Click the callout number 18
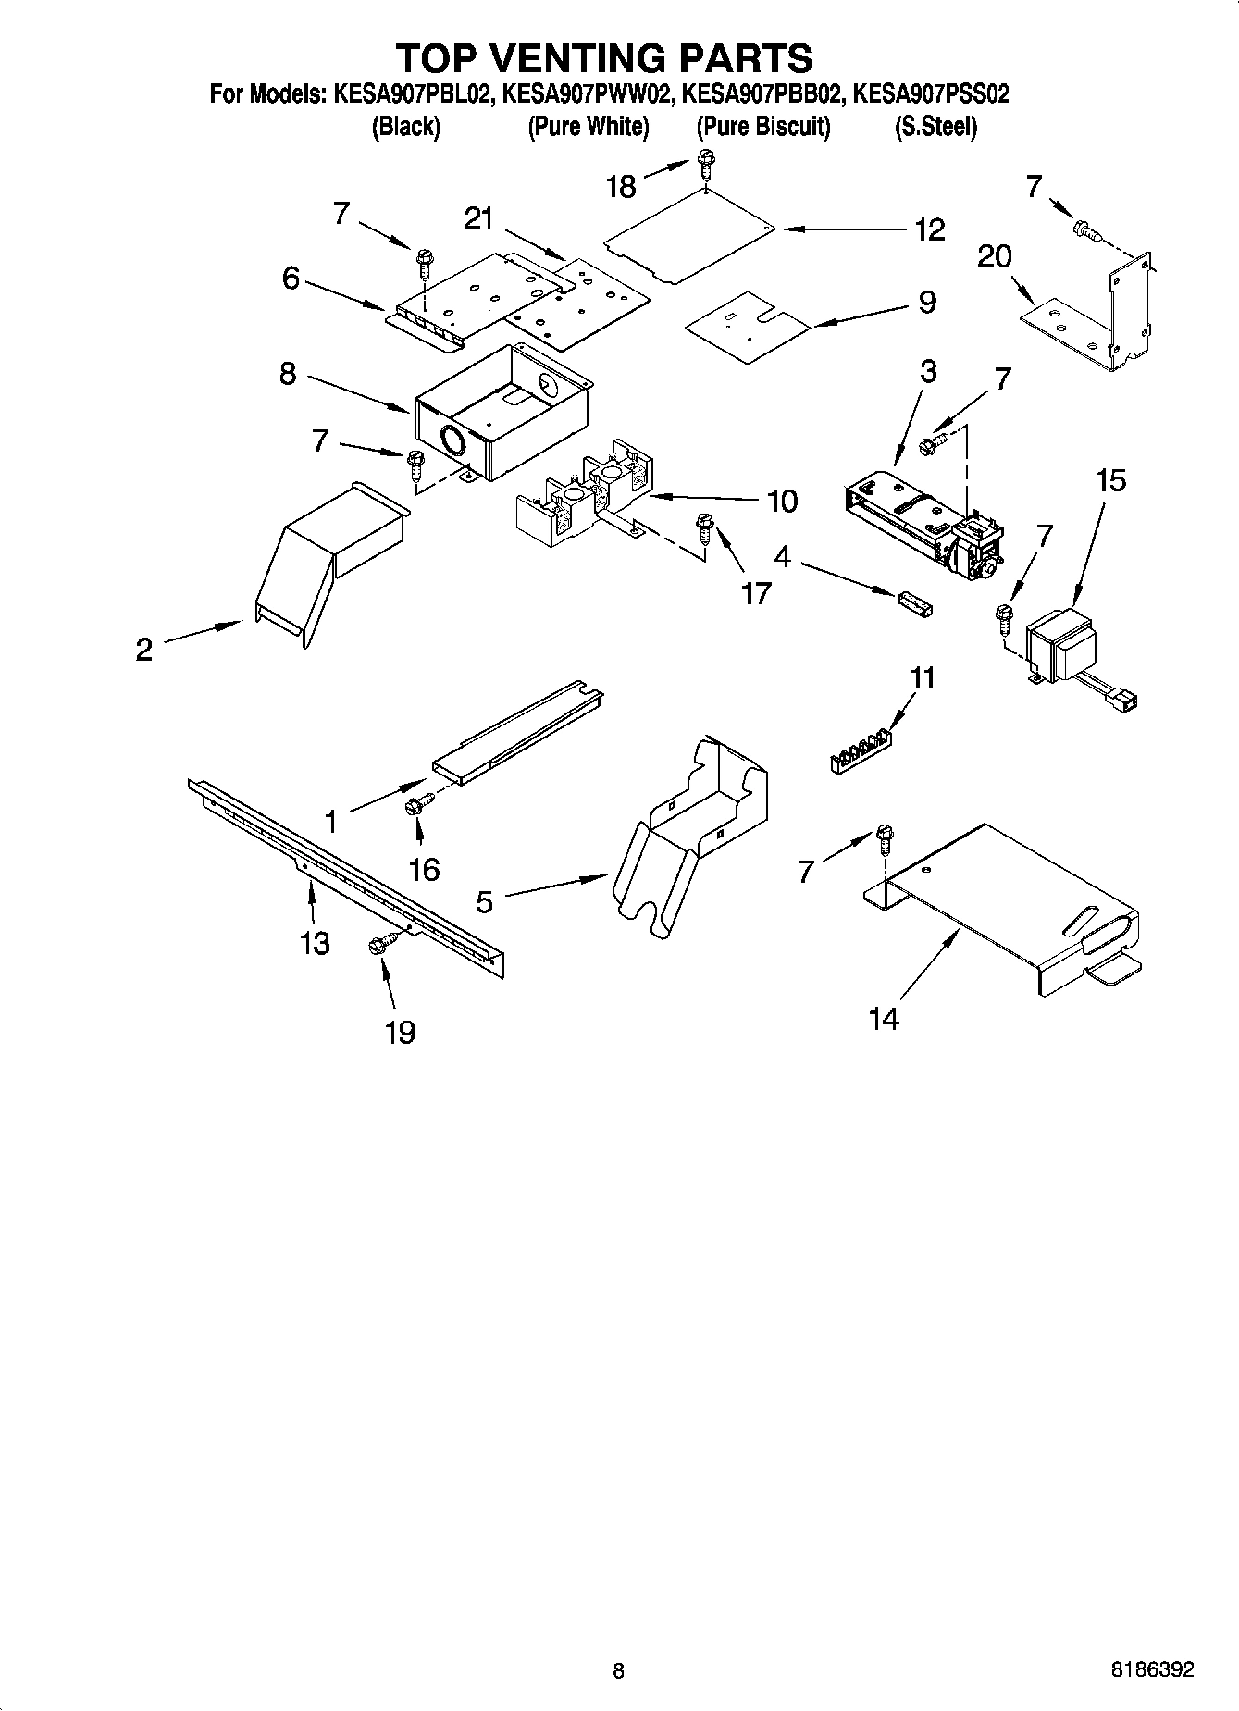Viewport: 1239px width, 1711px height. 621,186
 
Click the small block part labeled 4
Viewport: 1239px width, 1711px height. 914,601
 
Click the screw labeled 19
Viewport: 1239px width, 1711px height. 382,943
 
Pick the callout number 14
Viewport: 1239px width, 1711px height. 884,1019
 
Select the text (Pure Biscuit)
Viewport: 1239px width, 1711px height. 763,127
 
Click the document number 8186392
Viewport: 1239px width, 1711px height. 1152,1670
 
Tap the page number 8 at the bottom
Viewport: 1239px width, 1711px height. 618,1670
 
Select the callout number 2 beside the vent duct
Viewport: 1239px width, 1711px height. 143,649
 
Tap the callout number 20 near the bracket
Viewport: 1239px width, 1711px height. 995,255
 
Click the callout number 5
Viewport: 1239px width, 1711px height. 485,900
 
